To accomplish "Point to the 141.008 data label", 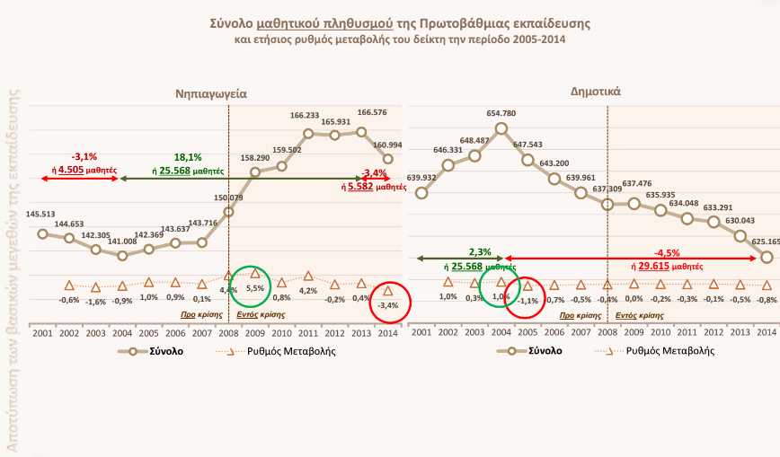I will (x=122, y=241).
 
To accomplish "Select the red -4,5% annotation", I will (x=666, y=252).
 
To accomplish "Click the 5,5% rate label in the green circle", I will (x=255, y=288).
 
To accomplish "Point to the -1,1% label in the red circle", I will (x=528, y=300).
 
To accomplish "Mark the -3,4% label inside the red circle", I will (x=388, y=306).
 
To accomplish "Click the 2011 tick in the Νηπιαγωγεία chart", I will (x=308, y=332).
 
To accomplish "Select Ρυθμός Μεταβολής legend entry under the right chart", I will (x=670, y=350).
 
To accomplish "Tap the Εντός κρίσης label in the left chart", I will (x=254, y=315).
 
